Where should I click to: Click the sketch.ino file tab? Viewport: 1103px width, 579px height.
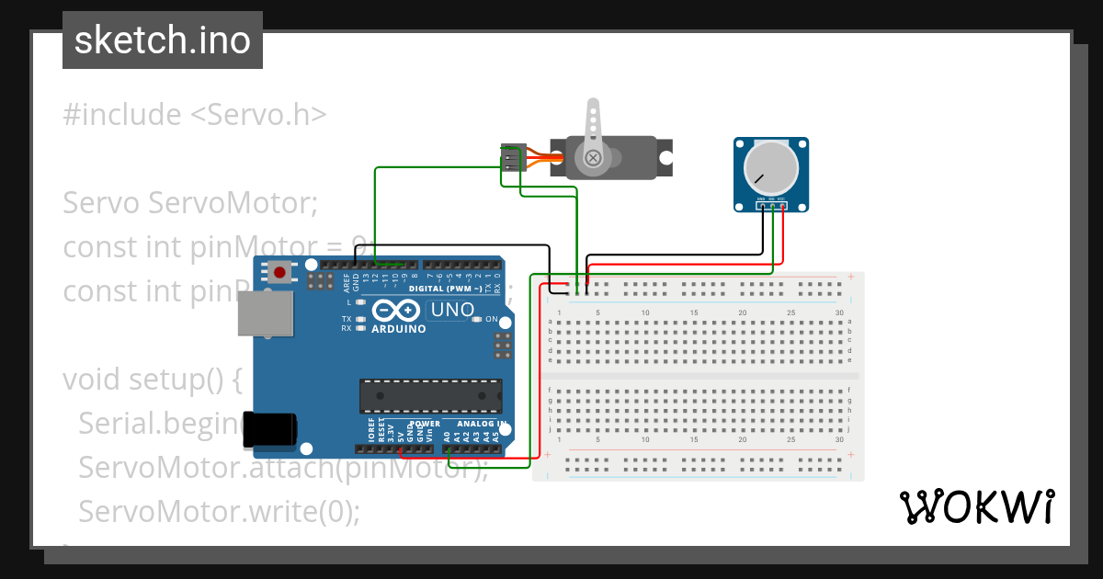click(x=162, y=40)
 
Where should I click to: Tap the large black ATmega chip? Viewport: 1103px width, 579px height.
click(x=430, y=395)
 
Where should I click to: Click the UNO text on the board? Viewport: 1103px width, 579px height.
click(x=452, y=310)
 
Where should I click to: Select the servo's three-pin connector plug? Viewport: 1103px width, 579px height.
click(x=512, y=160)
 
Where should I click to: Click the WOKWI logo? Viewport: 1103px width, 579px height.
click(x=976, y=507)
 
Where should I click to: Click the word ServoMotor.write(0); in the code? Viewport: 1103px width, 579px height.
click(x=220, y=511)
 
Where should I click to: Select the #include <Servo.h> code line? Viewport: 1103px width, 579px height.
click(x=194, y=115)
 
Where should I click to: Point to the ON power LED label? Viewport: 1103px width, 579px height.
click(x=492, y=319)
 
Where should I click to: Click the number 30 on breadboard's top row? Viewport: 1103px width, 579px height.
click(x=839, y=313)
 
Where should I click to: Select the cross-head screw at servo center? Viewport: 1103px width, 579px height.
click(x=593, y=158)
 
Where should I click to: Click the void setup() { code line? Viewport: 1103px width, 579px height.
click(x=152, y=379)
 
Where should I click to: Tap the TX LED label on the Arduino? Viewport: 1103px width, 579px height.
click(x=347, y=318)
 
